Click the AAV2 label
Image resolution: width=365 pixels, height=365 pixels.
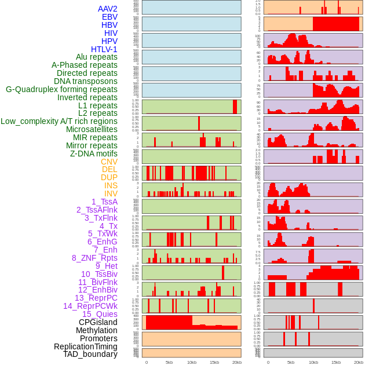pos(107,9)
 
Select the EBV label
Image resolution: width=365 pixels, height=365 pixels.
pos(110,17)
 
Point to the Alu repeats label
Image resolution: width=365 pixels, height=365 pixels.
pos(97,57)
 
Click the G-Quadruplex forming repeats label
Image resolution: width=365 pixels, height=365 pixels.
pos(61,89)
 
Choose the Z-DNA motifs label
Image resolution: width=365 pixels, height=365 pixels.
pos(94,154)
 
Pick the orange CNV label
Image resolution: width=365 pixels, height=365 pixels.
pos(109,162)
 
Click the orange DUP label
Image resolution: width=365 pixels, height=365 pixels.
pos(109,177)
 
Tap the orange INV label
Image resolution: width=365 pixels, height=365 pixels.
pos(111,194)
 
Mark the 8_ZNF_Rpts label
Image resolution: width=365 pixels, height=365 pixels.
pos(94,258)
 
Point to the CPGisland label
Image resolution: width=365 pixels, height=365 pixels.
pos(98,322)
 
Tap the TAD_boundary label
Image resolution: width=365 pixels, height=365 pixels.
pos(90,354)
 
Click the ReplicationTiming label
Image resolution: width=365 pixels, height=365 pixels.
pos(86,346)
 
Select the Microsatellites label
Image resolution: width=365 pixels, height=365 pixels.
pos(92,129)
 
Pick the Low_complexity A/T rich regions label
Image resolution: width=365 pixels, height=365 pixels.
pos(59,121)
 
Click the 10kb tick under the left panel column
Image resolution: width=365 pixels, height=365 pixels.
pos(191,362)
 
